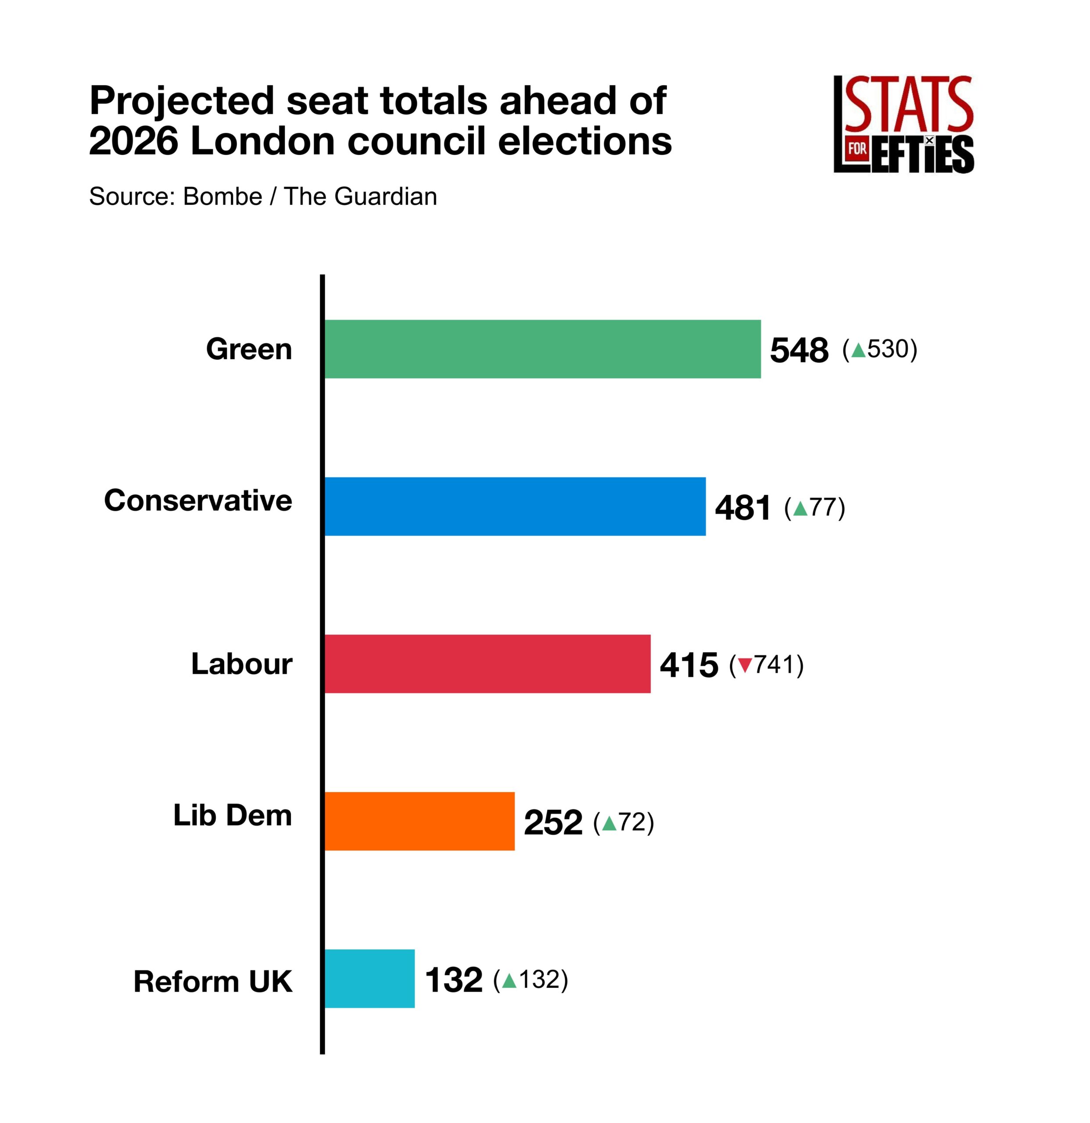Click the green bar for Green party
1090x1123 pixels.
(x=542, y=349)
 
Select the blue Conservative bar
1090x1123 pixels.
(x=515, y=507)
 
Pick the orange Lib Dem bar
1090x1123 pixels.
(x=419, y=821)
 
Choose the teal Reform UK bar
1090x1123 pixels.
(x=369, y=979)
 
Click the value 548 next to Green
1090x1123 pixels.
(x=799, y=350)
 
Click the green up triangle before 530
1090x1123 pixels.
(x=858, y=350)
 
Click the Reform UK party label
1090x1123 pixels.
(x=213, y=981)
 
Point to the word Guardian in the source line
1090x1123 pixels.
(x=386, y=197)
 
